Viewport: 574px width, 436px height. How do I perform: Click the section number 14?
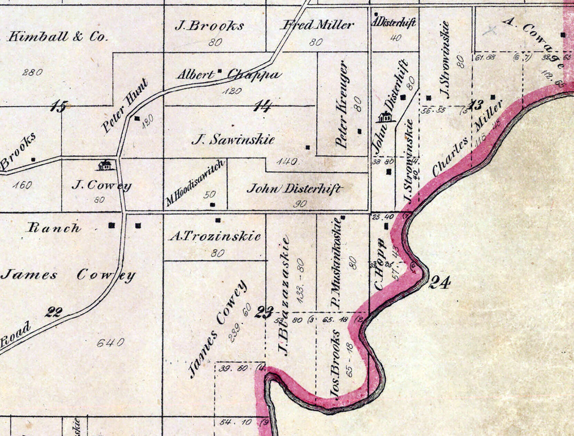(x=263, y=106)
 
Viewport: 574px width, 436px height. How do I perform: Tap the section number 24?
(x=439, y=283)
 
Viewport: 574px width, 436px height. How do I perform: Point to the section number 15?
(x=59, y=107)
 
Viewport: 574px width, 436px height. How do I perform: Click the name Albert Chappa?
(x=229, y=75)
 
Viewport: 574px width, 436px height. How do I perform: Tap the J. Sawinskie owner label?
(x=233, y=139)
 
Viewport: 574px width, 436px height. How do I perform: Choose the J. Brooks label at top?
(x=209, y=26)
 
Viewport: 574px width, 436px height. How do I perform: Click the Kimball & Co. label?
(x=58, y=36)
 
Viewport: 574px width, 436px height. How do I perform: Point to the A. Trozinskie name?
(x=215, y=236)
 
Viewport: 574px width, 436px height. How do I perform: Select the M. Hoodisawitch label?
(x=195, y=183)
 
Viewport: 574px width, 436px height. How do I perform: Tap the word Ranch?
(x=54, y=228)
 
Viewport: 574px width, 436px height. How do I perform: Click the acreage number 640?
(x=110, y=342)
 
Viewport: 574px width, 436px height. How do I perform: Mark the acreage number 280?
(x=32, y=72)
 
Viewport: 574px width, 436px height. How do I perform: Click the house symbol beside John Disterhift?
(x=386, y=116)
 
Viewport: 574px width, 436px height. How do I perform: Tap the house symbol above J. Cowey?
(x=104, y=165)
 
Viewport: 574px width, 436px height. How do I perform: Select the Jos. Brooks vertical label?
(x=335, y=363)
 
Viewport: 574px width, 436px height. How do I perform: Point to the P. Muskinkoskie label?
(x=336, y=263)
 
